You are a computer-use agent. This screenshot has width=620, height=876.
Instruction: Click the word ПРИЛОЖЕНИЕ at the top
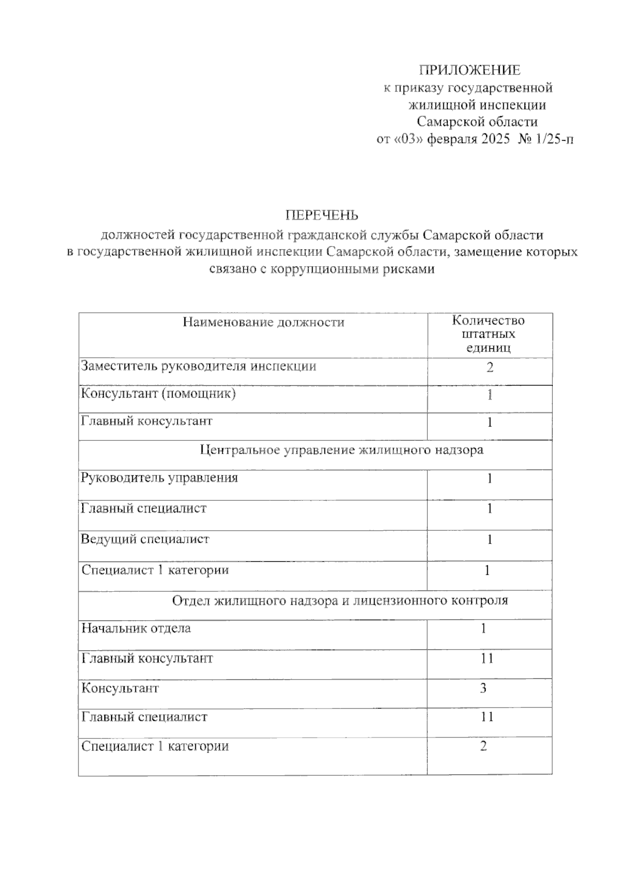click(469, 70)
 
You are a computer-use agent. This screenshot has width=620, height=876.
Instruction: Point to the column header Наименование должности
click(263, 322)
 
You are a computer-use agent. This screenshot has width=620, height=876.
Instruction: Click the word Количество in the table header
click(488, 320)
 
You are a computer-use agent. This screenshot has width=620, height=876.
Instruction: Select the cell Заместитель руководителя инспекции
click(198, 366)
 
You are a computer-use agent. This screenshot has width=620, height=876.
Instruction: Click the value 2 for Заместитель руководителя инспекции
click(489, 367)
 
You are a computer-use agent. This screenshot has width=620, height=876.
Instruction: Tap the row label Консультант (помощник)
click(158, 394)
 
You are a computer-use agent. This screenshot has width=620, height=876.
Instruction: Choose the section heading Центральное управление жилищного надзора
click(342, 450)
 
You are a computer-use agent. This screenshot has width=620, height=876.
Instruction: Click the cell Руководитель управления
click(159, 478)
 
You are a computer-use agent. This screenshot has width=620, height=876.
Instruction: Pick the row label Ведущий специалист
click(145, 540)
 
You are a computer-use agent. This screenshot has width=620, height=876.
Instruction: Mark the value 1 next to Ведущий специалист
click(489, 540)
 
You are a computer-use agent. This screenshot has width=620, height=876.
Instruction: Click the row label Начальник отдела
click(136, 628)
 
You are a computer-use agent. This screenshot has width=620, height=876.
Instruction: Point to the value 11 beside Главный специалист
click(487, 717)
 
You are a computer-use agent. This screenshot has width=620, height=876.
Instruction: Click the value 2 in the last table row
click(484, 746)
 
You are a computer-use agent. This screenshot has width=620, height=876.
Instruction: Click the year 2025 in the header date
click(495, 139)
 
